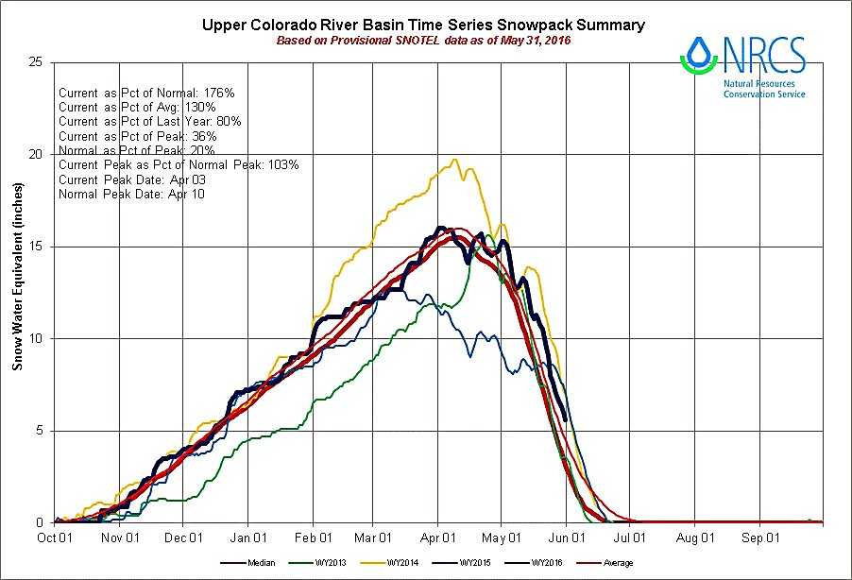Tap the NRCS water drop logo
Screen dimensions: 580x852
[x=700, y=54]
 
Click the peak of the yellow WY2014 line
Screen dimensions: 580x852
[x=456, y=160]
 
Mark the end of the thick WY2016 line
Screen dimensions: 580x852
[x=565, y=419]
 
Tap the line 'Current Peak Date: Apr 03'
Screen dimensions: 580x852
[x=131, y=179]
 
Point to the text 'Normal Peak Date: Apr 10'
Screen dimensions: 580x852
[x=131, y=194]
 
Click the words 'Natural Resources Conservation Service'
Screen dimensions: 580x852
[x=764, y=90]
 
